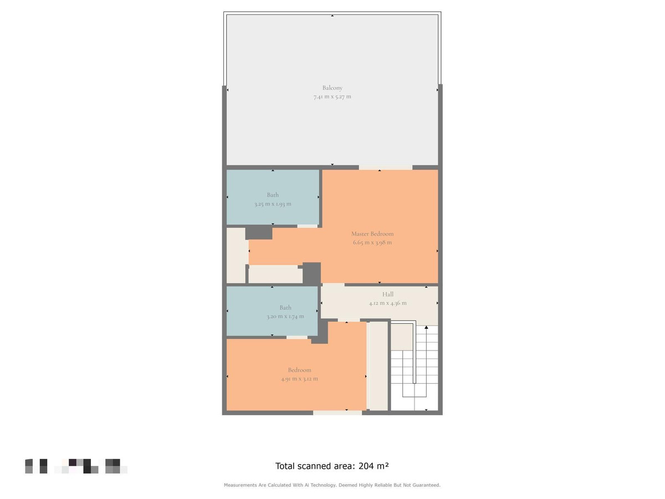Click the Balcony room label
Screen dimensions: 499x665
[x=332, y=88]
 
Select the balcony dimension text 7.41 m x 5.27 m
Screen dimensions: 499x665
[x=332, y=96]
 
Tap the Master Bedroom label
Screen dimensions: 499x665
[x=372, y=233]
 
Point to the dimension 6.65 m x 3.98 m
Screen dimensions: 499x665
[x=372, y=242]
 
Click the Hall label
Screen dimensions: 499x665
[x=388, y=294]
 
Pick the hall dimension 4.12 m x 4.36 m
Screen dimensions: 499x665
[x=388, y=303]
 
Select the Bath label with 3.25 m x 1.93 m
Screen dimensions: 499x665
[x=273, y=195]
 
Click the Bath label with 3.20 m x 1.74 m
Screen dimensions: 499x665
[x=285, y=307]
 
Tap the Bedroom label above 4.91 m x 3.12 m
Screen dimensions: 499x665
[x=299, y=370]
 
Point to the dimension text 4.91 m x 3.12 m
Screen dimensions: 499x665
[x=299, y=379]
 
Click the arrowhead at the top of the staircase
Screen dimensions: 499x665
[x=426, y=329]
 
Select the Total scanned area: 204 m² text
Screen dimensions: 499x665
[x=336, y=466]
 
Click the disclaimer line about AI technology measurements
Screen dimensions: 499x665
[x=332, y=485]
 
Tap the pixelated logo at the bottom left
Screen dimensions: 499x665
[x=76, y=466]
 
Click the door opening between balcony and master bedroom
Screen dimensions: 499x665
[x=385, y=167]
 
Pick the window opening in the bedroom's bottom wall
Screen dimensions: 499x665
[x=337, y=413]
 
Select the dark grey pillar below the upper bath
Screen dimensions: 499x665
[x=259, y=232]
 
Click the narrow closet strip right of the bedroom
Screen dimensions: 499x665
[x=378, y=366]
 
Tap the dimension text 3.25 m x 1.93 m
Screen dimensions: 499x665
[x=273, y=203]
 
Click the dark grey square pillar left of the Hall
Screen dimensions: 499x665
[x=311, y=273]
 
